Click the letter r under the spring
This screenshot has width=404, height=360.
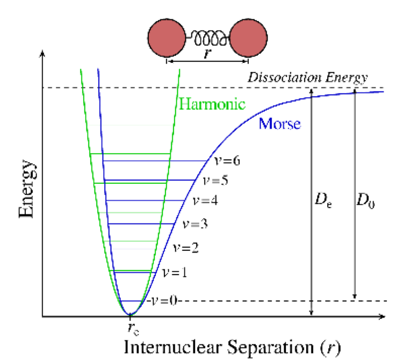(207, 54)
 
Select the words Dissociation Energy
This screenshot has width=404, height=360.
(308, 78)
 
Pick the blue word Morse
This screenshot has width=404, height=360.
(279, 125)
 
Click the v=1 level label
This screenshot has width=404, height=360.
(174, 273)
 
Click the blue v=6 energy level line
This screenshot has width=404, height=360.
(155, 161)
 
